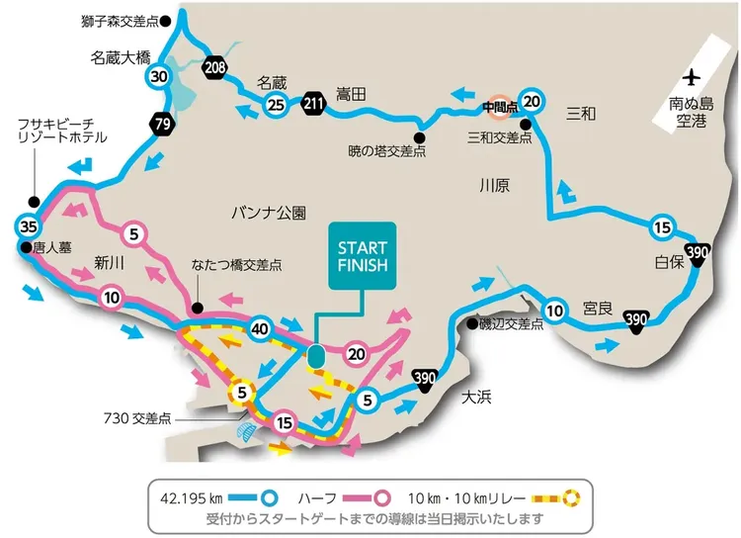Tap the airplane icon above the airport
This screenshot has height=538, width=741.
(691, 77)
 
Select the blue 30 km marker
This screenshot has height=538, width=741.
(159, 76)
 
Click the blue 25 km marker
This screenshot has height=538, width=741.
(276, 105)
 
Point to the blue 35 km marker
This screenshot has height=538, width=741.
(29, 223)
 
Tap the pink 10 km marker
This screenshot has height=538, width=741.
(111, 297)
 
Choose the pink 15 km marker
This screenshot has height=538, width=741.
(285, 422)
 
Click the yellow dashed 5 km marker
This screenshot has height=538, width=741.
(239, 394)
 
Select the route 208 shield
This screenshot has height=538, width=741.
(214, 67)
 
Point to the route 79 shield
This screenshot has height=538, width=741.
(163, 124)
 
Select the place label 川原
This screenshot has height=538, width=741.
(494, 184)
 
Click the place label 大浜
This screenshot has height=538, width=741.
(477, 398)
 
